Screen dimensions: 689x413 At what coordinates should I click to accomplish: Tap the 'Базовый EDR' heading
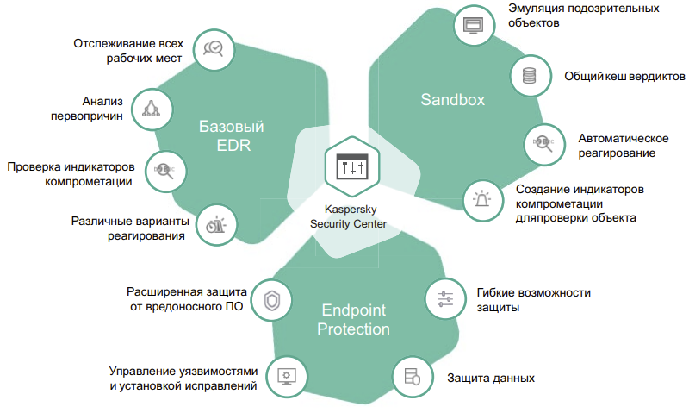[x=232, y=137]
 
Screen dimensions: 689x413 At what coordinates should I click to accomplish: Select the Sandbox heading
[x=453, y=100]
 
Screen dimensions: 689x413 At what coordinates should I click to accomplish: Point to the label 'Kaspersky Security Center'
[x=348, y=216]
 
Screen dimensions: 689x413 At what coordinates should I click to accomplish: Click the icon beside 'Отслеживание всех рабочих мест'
[x=213, y=48]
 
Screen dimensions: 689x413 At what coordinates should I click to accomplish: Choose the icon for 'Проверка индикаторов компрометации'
[x=163, y=168]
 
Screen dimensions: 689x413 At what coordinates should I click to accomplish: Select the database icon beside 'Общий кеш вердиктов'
[x=528, y=76]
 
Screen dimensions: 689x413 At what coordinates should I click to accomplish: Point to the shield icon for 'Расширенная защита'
[x=272, y=299]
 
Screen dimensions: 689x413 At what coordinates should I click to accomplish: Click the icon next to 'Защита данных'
[x=411, y=377]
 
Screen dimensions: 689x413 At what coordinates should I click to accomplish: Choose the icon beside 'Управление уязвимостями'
[x=286, y=377]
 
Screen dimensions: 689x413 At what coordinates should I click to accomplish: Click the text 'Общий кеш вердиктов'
[x=624, y=76]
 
